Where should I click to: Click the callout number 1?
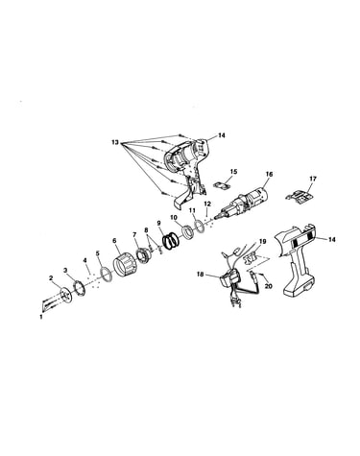click(40, 317)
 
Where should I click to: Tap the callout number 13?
click(115, 142)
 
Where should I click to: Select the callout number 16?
click(269, 174)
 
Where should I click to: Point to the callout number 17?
click(313, 179)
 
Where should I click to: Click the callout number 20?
click(268, 286)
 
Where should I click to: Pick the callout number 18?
click(201, 275)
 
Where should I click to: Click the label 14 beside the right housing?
click(332, 239)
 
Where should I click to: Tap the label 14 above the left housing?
click(222, 135)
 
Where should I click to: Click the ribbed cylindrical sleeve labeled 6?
click(124, 264)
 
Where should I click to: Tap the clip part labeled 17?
click(299, 196)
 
